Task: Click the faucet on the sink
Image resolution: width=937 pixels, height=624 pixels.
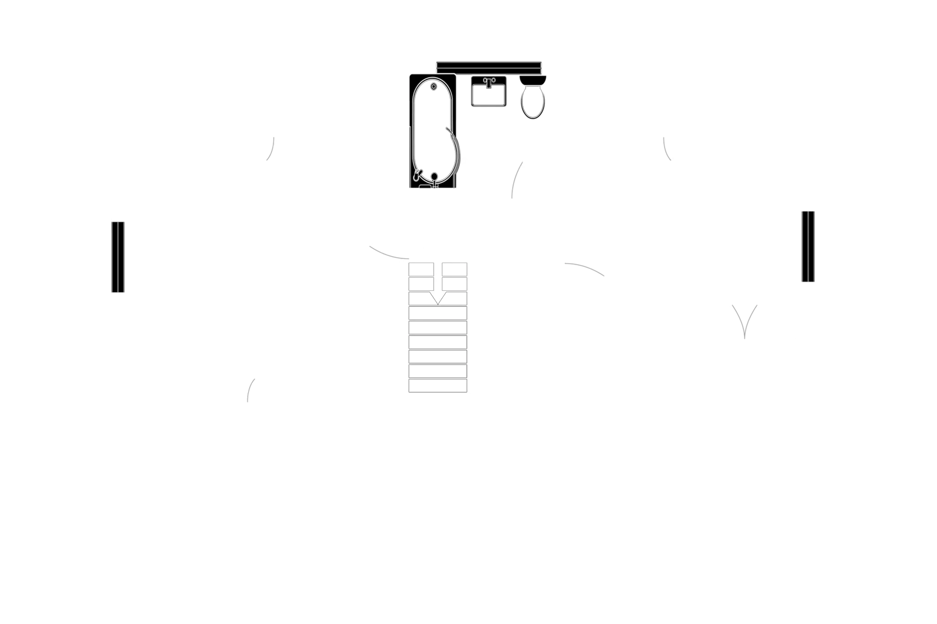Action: [x=489, y=82]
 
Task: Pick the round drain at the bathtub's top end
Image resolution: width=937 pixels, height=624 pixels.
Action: [x=434, y=86]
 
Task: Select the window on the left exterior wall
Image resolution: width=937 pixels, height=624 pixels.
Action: [x=118, y=257]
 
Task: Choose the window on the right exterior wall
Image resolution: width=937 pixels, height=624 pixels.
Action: [x=807, y=247]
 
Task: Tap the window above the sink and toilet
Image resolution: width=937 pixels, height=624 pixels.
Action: [x=488, y=66]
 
